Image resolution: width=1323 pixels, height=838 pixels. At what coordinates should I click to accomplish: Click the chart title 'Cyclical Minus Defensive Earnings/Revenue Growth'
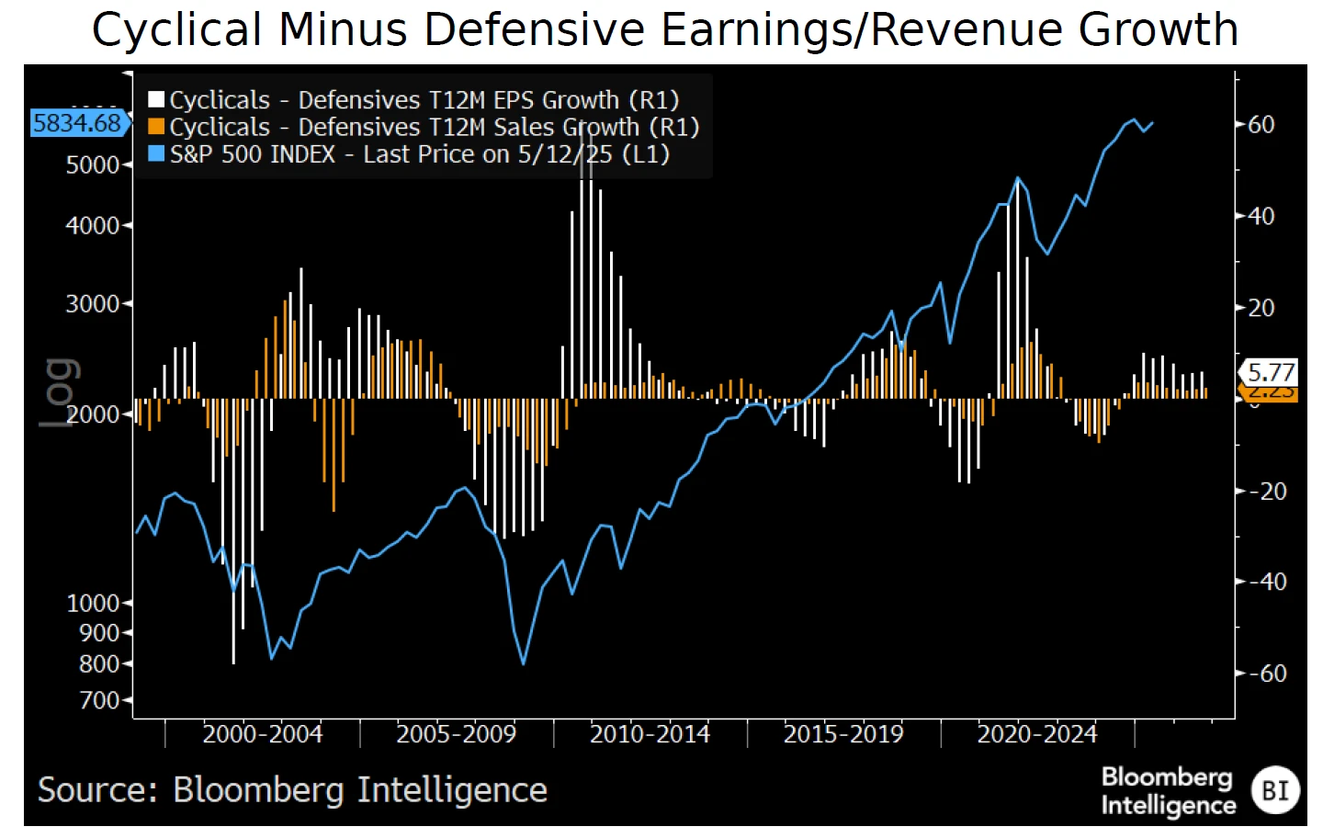(x=665, y=29)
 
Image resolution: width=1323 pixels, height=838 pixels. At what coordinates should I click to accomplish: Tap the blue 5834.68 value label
(x=77, y=123)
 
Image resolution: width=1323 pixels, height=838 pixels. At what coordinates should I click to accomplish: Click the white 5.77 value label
(x=1271, y=372)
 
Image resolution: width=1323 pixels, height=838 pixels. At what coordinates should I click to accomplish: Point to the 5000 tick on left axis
(x=93, y=165)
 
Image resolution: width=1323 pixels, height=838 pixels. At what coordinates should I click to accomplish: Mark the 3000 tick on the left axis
(x=93, y=303)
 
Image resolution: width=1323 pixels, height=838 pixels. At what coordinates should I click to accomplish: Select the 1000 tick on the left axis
(x=93, y=603)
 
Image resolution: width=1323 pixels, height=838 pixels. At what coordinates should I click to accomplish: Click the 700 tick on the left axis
(x=99, y=700)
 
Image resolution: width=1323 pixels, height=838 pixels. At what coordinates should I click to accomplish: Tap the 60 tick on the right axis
(x=1261, y=124)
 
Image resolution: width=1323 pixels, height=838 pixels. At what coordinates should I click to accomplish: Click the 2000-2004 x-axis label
(x=263, y=734)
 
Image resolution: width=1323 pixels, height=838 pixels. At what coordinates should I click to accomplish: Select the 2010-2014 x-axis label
(x=650, y=734)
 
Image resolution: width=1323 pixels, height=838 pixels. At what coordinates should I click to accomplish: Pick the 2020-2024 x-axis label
(x=1037, y=734)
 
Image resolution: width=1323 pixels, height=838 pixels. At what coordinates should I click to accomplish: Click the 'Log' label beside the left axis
(x=59, y=392)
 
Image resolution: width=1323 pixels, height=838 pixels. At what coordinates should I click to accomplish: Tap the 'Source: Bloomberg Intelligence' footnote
(x=292, y=790)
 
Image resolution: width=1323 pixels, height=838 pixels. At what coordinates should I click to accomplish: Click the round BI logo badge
(x=1275, y=790)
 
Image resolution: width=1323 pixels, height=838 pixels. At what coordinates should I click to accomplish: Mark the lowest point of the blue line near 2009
(x=524, y=663)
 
